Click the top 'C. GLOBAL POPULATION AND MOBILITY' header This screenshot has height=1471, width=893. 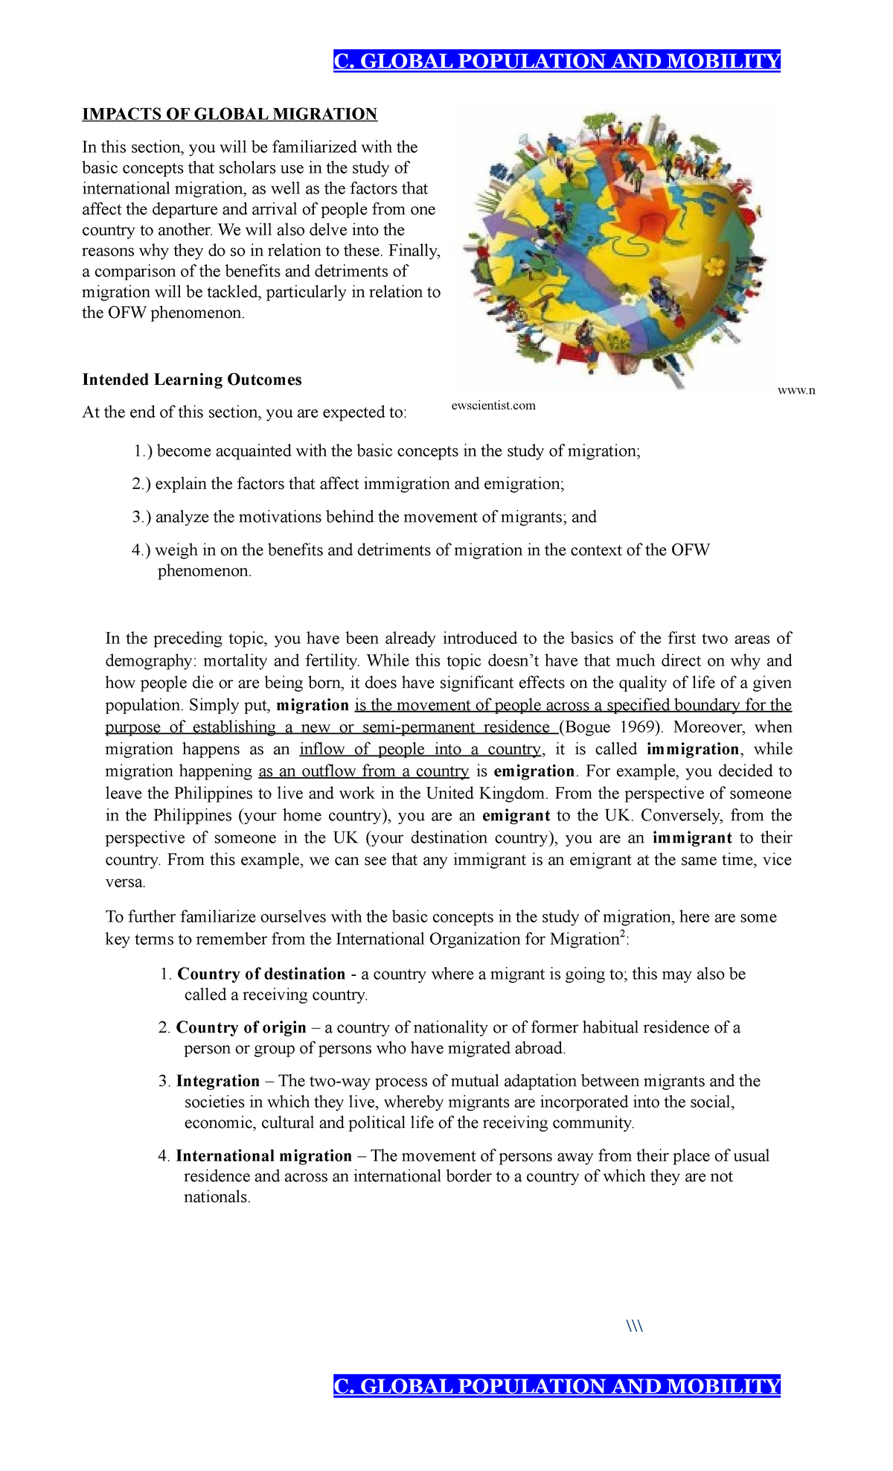[x=557, y=61]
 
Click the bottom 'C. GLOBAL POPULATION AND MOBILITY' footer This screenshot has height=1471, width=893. [x=557, y=1385]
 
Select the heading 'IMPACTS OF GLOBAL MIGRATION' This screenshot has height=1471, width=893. [x=230, y=114]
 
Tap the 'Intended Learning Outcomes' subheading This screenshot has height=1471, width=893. [x=192, y=380]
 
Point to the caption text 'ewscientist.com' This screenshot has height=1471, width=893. [x=493, y=406]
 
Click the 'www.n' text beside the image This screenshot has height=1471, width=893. [x=796, y=390]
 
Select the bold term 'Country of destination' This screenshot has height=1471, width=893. [x=261, y=974]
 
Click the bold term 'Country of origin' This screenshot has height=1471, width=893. [x=241, y=1027]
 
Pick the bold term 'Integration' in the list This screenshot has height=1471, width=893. [x=218, y=1081]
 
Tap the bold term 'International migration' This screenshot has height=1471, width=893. [x=263, y=1155]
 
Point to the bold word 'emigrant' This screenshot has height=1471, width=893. [x=516, y=815]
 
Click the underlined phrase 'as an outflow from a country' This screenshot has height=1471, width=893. [x=364, y=771]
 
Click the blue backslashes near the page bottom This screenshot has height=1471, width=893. [x=635, y=1326]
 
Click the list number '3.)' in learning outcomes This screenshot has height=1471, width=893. [x=141, y=517]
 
